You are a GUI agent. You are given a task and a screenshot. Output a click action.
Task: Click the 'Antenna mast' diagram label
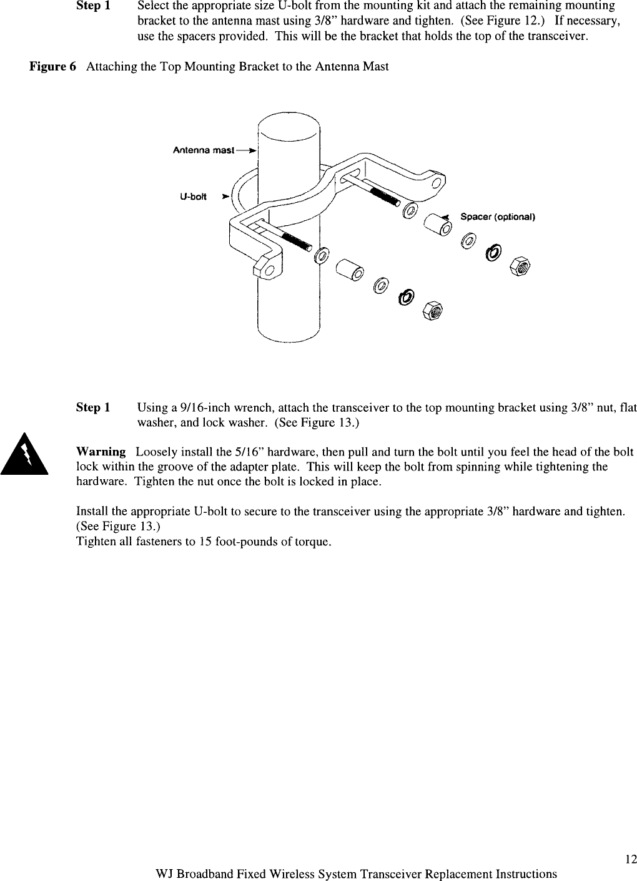[203, 150]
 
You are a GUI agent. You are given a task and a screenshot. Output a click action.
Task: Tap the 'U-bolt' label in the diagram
[193, 196]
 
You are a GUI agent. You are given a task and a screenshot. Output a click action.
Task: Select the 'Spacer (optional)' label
[498, 217]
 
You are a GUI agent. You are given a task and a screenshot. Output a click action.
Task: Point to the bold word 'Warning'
[101, 452]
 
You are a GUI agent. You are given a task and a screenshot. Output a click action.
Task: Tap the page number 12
[630, 860]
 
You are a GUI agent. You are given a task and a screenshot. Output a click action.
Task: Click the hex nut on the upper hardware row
[519, 267]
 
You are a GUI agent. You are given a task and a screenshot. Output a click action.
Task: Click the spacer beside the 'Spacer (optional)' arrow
[437, 224]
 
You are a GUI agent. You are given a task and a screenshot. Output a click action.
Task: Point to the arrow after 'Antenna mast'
[247, 150]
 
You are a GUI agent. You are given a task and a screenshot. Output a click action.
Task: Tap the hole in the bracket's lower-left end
[269, 271]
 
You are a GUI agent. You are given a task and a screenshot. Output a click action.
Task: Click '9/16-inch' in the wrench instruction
[201, 408]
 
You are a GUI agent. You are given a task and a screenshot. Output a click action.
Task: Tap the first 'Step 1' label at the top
[93, 6]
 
